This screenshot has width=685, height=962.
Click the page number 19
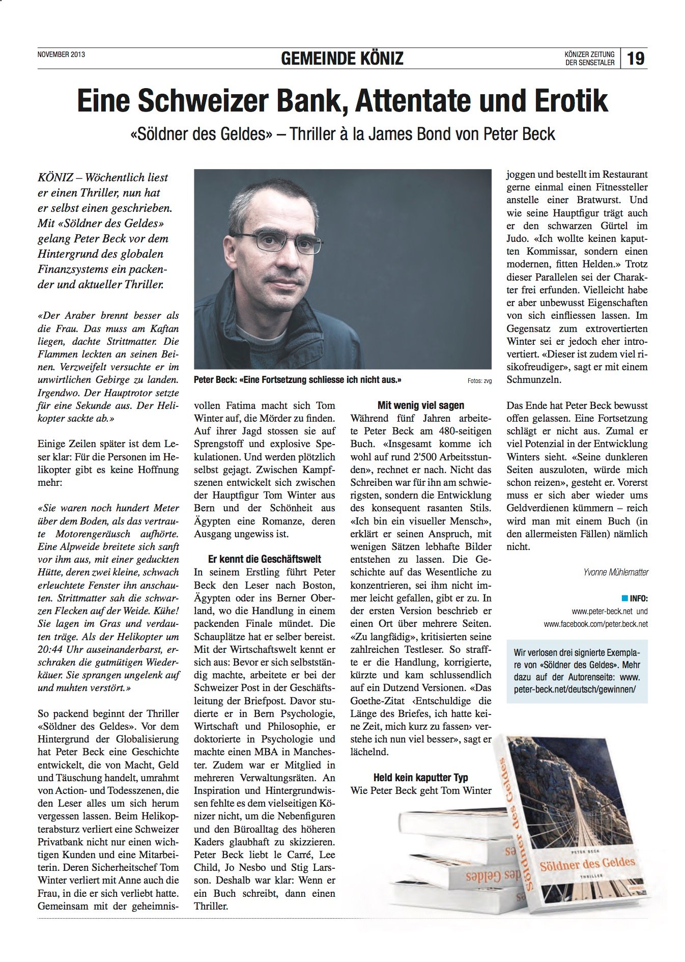coord(636,58)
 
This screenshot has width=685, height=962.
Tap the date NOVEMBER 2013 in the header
coord(61,54)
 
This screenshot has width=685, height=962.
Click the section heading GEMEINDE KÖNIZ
coord(342,59)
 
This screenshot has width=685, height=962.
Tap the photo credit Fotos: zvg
coord(479,381)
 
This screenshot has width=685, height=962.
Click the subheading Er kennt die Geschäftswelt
coord(265,559)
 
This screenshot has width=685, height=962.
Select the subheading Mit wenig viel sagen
coord(421,405)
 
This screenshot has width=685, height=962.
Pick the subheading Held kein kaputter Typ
coord(420,778)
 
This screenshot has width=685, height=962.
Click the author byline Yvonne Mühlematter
coord(616,572)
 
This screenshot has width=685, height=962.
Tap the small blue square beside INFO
coord(625,598)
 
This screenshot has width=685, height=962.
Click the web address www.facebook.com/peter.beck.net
coord(595,624)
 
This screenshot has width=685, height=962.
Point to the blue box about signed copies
coord(577,671)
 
